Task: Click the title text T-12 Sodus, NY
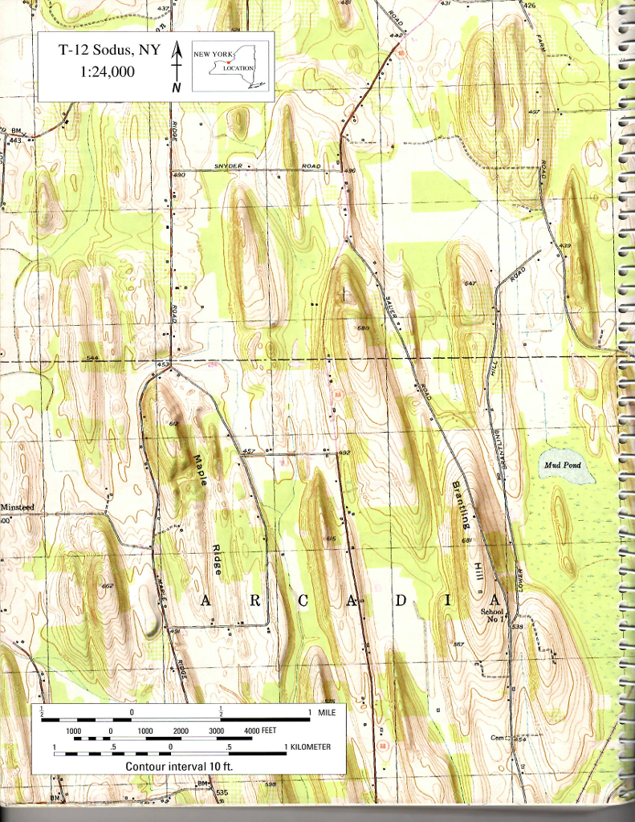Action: [110, 50]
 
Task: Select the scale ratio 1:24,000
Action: [108, 71]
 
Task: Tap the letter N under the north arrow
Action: [175, 87]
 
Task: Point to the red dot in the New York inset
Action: [229, 61]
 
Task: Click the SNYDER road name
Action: [229, 166]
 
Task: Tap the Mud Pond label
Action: [561, 466]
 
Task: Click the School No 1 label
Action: [490, 616]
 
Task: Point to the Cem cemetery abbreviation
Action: [498, 738]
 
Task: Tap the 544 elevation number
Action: [92, 357]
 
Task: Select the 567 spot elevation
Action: [458, 645]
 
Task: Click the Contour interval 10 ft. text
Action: [185, 766]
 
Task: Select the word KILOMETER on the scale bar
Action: [311, 747]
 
